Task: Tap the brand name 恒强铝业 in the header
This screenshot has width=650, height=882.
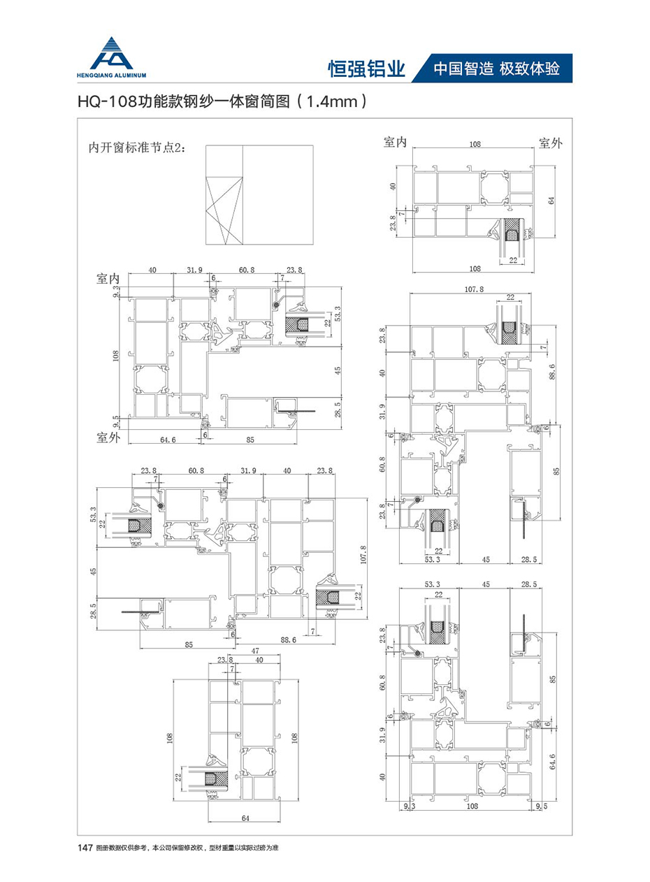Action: click(367, 69)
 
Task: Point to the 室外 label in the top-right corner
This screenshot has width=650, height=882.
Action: click(550, 143)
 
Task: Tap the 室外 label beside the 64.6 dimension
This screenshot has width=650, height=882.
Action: click(110, 438)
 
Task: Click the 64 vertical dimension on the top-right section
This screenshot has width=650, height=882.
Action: click(551, 200)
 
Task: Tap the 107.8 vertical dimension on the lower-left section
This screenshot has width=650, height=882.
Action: click(362, 556)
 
